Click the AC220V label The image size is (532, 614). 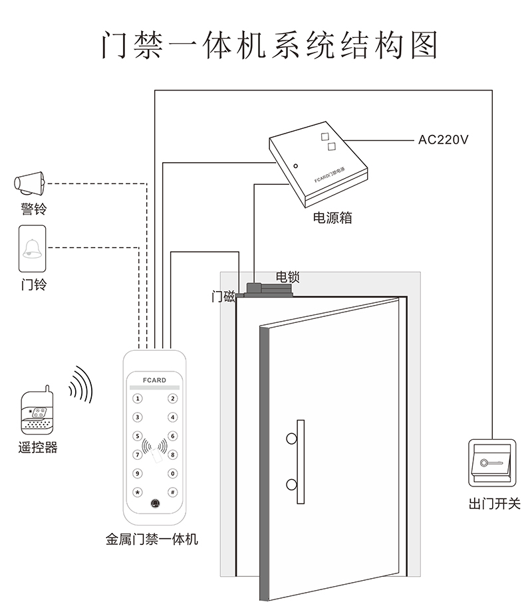[444, 140]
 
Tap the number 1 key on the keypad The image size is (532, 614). [138, 399]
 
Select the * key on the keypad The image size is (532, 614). [138, 492]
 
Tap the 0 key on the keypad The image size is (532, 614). [173, 474]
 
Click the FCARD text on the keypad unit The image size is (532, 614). [154, 381]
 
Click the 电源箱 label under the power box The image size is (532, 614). [332, 217]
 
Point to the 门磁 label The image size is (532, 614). [223, 297]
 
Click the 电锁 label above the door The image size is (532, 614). [288, 276]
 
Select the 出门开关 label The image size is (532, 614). [494, 504]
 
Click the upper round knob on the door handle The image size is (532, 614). [291, 439]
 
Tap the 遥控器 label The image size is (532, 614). [38, 447]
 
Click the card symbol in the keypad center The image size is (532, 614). [156, 457]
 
